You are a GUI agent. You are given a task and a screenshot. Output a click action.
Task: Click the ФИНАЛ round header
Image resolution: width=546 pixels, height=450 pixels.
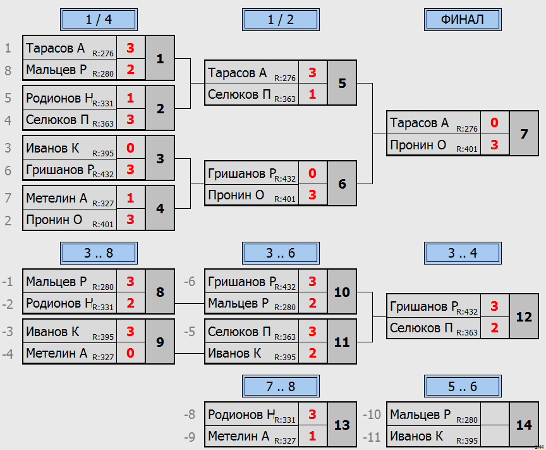463,20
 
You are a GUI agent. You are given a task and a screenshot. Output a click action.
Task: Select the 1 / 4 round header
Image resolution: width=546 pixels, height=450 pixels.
99,20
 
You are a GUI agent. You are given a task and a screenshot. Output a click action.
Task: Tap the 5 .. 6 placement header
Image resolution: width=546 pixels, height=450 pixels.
463,387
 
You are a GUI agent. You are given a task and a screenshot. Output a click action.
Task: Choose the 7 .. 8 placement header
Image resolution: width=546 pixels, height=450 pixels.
281,387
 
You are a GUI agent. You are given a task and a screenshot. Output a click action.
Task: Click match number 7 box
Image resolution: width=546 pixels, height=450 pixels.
524,134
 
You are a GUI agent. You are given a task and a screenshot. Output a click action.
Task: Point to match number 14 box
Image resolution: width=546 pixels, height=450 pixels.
524,425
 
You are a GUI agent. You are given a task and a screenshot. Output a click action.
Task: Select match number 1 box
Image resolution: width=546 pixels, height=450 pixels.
160,58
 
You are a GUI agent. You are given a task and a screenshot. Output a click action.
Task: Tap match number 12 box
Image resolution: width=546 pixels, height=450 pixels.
524,316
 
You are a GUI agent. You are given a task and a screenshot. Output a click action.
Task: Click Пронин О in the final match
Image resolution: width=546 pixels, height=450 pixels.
418,145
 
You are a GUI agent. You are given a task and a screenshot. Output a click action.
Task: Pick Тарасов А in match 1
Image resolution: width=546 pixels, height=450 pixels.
56,48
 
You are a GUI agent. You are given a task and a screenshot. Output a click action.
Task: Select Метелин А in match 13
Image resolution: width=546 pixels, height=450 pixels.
238,436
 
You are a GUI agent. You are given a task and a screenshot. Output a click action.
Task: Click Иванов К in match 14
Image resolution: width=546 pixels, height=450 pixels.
416,436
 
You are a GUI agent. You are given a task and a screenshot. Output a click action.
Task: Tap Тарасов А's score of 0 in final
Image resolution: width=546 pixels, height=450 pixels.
494,123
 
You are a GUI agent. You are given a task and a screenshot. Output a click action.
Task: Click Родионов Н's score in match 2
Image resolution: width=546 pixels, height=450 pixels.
131,98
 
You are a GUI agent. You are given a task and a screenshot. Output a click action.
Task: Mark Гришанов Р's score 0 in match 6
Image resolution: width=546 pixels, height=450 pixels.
312,173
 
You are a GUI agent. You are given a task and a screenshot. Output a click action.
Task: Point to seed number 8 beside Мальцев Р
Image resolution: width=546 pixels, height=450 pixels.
8,70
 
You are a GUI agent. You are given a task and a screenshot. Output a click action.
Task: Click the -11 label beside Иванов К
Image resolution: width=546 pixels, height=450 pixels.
372,437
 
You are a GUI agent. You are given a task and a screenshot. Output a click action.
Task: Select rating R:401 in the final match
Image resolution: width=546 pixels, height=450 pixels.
467,149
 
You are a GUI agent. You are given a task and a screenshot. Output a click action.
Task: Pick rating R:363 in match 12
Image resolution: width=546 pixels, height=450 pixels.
467,332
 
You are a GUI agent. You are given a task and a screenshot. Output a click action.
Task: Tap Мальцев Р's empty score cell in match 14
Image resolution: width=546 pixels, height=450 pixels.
494,414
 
